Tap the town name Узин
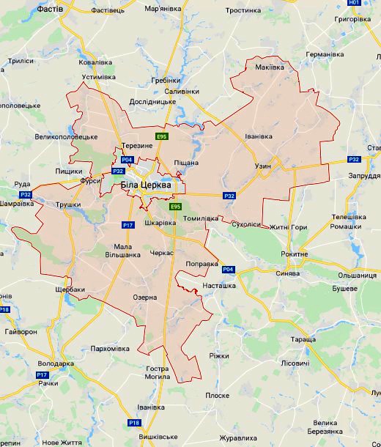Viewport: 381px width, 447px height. pyautogui.click(x=263, y=166)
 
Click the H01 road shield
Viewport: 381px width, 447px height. pyautogui.click(x=355, y=3)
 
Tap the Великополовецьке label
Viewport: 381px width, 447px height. pyautogui.click(x=66, y=136)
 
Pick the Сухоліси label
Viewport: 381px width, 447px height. pyautogui.click(x=245, y=225)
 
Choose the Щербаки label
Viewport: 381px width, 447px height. pyautogui.click(x=70, y=289)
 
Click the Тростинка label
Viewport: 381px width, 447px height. pyautogui.click(x=243, y=10)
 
